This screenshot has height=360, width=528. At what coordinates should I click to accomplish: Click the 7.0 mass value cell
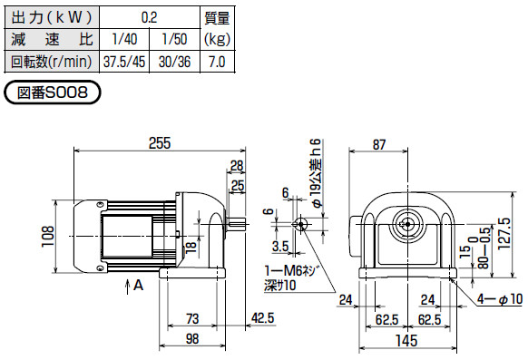216,63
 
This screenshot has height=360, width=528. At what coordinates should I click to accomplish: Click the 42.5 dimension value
263,318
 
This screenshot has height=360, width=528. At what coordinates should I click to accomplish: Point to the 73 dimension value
192,318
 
